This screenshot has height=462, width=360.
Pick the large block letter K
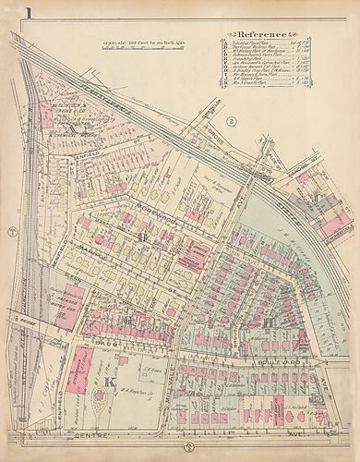(x=108, y=382)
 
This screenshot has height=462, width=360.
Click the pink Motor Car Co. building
(x=62, y=306)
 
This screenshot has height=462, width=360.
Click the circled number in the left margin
(x=9, y=230)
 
